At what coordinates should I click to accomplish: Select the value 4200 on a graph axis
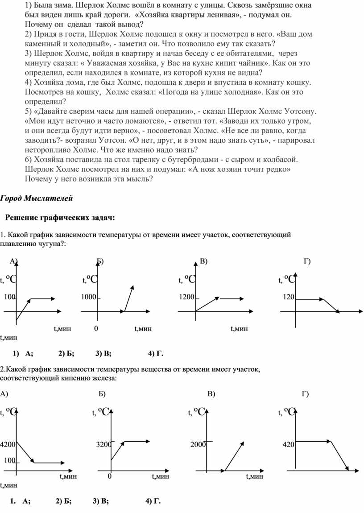pos(8,444)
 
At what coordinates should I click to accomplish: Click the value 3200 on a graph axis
pos(104,444)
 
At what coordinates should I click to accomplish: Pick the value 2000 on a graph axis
pos(198,444)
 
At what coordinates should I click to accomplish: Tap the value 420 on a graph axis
pos(289,444)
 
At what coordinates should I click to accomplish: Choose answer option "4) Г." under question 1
pos(156,354)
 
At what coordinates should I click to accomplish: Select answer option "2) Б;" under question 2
pos(64,501)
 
